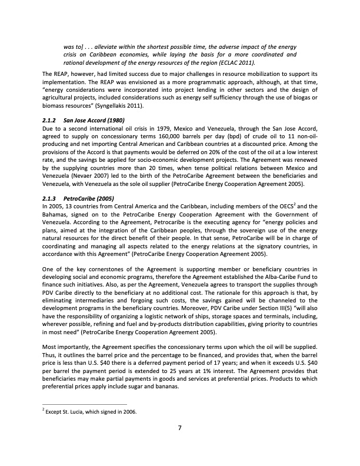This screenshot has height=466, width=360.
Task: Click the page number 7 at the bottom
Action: tap(179, 428)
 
